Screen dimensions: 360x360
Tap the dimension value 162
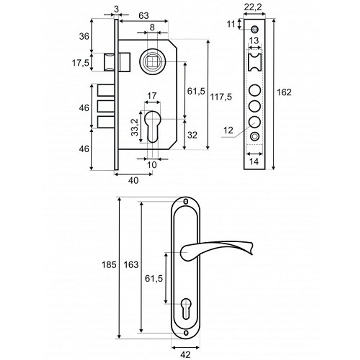click(x=284, y=92)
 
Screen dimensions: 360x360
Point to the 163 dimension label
click(x=131, y=265)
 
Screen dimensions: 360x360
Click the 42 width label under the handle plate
click(x=185, y=355)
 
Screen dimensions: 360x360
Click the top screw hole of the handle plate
click(x=186, y=202)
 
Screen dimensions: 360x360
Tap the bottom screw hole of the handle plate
click(x=186, y=333)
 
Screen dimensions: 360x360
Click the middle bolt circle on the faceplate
click(x=255, y=105)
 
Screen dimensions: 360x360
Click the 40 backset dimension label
click(x=133, y=181)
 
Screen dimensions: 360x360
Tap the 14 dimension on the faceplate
click(x=254, y=162)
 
